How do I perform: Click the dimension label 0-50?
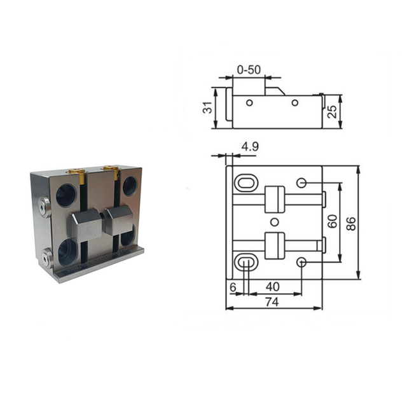coord(249,69)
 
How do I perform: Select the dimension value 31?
coord(207,109)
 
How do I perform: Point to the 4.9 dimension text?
coord(249,147)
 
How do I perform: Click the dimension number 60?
coord(331,222)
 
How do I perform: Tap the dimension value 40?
coord(273,287)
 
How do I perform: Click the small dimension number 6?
coord(233,287)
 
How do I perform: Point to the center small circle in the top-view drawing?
coord(274,222)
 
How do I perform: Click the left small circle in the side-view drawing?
coord(249,103)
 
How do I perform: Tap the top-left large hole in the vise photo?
coord(66,195)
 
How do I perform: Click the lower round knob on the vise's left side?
coord(46,258)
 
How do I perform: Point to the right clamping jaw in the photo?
coord(118,220)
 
